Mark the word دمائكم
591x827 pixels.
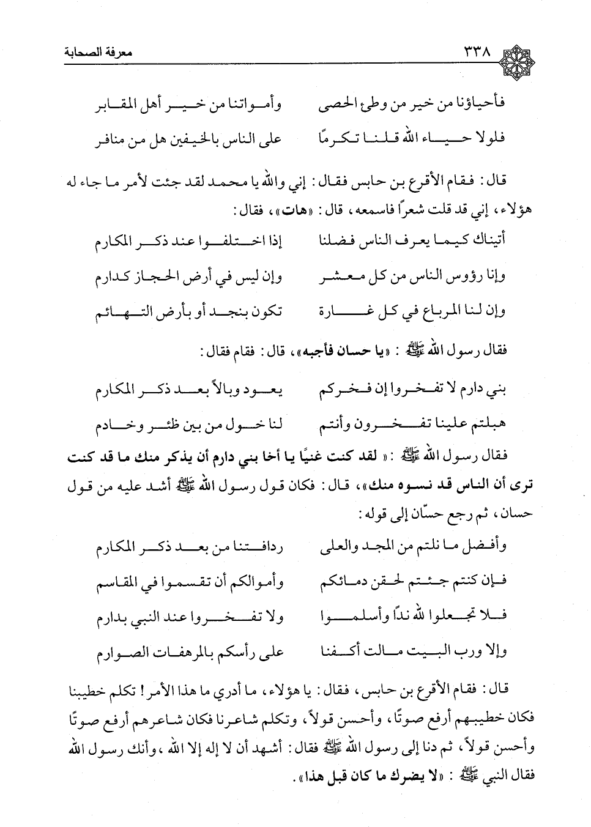343,582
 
